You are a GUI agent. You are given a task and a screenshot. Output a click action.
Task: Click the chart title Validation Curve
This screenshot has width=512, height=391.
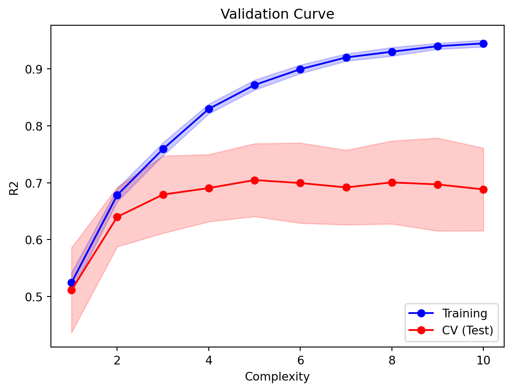pos(277,14)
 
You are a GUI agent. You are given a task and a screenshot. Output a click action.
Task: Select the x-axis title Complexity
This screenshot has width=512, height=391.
pos(277,377)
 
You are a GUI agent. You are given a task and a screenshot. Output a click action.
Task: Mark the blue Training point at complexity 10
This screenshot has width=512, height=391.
pos(483,44)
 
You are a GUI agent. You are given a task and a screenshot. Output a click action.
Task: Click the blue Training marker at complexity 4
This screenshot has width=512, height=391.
pos(209,109)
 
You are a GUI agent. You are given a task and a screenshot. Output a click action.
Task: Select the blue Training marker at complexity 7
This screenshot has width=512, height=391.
pos(346,57)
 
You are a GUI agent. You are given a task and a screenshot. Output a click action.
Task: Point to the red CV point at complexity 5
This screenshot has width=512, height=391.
pos(254,180)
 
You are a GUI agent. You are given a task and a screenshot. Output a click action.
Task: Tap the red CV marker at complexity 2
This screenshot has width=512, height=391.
pos(117,217)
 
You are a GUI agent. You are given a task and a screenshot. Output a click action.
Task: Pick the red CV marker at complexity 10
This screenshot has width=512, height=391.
pos(483,189)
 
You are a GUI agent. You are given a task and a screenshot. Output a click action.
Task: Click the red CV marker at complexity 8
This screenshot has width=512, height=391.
pos(392,182)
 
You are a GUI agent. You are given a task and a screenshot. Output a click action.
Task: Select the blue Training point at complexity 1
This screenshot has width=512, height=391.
pos(71,283)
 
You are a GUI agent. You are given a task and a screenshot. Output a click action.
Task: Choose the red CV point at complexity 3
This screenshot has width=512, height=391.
pos(163,195)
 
